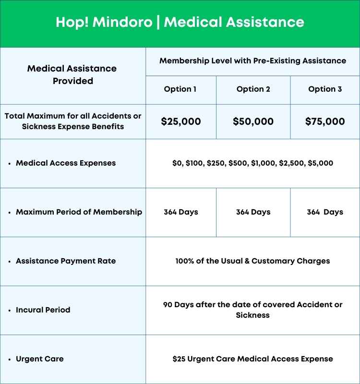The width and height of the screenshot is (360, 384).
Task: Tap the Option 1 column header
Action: (x=180, y=89)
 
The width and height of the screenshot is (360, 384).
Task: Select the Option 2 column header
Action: (x=253, y=89)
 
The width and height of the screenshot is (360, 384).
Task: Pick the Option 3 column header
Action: (x=325, y=89)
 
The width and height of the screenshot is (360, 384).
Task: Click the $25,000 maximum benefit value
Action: (x=180, y=121)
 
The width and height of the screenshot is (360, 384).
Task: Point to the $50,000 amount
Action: (x=253, y=121)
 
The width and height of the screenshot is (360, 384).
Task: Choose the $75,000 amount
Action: (x=325, y=121)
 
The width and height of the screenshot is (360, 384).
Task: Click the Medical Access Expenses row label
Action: (x=66, y=163)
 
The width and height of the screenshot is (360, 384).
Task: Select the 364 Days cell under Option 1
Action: (x=180, y=212)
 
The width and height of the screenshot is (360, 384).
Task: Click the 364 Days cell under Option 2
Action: (x=253, y=212)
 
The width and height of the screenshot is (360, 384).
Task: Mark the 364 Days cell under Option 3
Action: (x=325, y=212)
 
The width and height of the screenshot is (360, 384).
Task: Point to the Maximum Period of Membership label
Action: (x=79, y=212)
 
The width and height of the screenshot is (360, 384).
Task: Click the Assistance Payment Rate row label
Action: (x=66, y=261)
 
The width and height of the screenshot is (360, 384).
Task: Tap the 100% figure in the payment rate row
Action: (x=185, y=261)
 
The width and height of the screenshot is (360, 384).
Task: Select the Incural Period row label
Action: (x=43, y=310)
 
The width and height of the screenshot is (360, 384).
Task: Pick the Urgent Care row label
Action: (x=40, y=359)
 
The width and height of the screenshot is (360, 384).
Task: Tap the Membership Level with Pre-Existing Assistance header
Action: (x=252, y=61)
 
